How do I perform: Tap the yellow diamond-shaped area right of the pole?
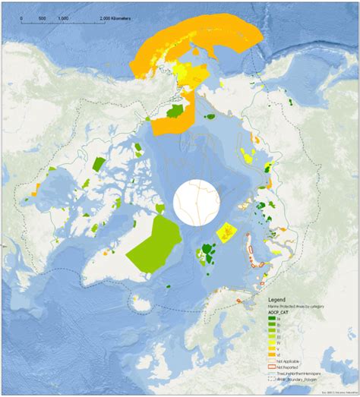(x=226, y=232)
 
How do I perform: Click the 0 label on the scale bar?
(x=21, y=16)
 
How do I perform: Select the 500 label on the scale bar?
(x=42, y=16)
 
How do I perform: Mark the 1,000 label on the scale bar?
(x=64, y=16)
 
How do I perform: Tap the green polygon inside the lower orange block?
(x=175, y=112)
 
